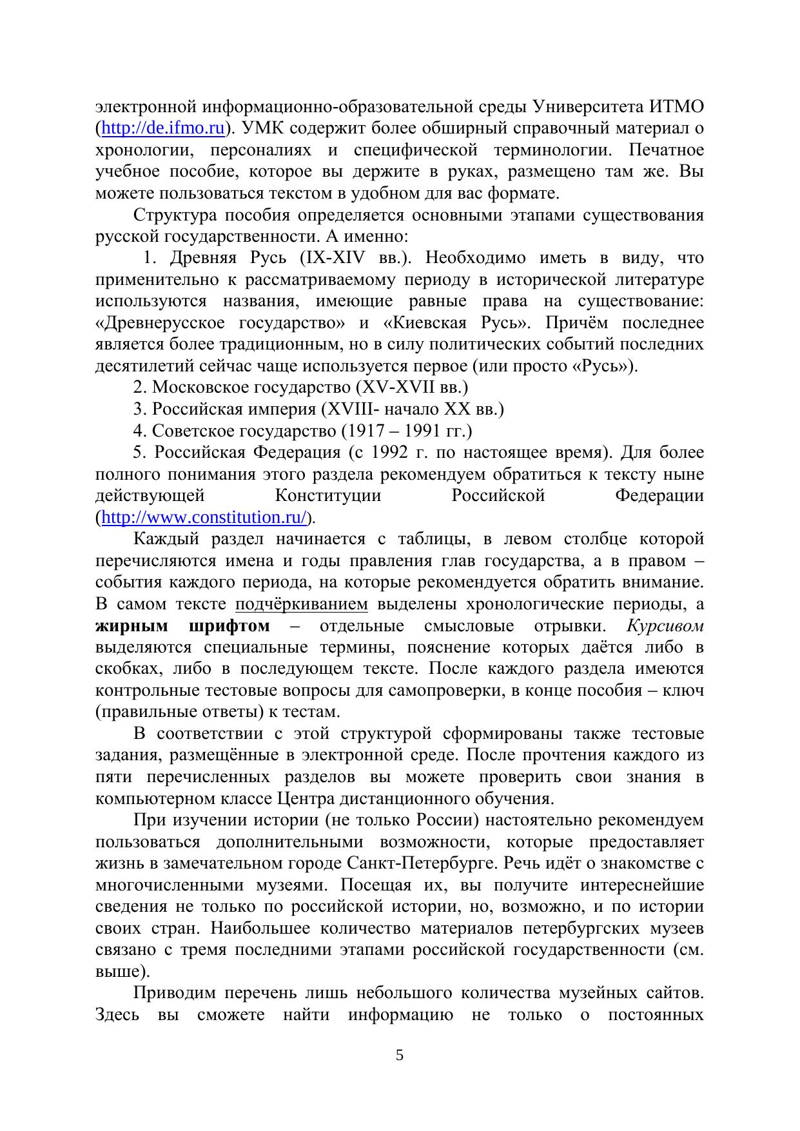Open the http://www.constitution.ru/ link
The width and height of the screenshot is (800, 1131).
(x=204, y=517)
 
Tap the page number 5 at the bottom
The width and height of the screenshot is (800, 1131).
(x=400, y=1056)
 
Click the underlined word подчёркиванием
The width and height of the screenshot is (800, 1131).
(x=302, y=604)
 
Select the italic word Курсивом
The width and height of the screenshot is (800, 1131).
(x=665, y=626)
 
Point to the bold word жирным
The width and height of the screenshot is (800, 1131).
(x=132, y=626)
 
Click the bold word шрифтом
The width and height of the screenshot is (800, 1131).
(x=230, y=626)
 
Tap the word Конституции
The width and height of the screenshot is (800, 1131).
(x=327, y=496)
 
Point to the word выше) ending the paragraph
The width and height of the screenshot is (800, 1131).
(x=122, y=972)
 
